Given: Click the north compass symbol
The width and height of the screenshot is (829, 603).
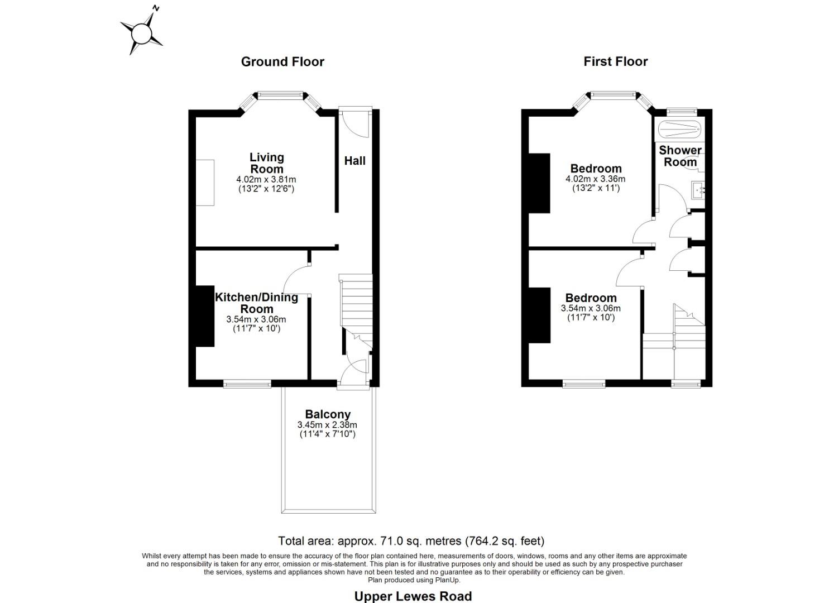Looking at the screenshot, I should pos(141,32).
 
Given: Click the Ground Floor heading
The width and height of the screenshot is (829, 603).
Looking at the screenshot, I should pos(282,61).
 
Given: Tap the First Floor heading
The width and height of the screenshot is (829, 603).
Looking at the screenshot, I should pos(615,61).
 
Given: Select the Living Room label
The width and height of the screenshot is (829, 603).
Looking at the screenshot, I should pos(266,163).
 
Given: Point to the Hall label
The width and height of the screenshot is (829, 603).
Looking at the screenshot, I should pos(354,161).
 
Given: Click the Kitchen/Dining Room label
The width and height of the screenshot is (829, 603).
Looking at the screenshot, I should pos(256,303).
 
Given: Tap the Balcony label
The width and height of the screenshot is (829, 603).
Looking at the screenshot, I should pos(328,414).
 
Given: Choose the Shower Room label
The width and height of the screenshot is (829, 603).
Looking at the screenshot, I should pos(680,156).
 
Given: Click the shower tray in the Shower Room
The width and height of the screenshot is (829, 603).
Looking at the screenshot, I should pos(679,130).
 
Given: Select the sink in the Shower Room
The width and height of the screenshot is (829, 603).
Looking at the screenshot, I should pos(698,190).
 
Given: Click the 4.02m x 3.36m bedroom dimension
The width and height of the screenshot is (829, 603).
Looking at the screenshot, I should pos(595,179).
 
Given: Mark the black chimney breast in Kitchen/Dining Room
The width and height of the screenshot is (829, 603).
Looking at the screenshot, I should pos(205,317).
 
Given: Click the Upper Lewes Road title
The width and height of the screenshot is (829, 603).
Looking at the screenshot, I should pos(413,596).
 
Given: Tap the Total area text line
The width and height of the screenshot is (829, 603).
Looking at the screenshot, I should pos(411,540).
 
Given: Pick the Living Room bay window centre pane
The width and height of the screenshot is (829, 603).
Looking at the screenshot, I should pos(280,95).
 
